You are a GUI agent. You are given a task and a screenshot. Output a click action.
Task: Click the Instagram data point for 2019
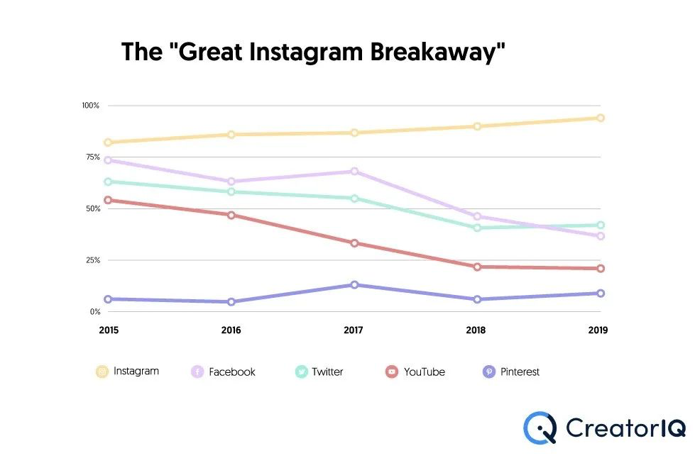600,118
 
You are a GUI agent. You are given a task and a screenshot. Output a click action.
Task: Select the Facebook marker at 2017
354,171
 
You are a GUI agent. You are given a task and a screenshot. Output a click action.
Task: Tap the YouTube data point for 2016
231,215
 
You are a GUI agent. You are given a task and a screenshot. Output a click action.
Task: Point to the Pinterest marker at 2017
354,284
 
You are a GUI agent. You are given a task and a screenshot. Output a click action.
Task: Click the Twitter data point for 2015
109,182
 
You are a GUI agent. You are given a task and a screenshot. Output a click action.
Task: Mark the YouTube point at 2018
477,267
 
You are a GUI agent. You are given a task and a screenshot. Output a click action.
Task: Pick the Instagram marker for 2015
109,143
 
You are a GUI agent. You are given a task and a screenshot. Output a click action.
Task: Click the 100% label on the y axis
90,106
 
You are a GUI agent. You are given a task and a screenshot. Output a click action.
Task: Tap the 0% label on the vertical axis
94,312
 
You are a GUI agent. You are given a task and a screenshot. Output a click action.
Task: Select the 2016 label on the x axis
231,330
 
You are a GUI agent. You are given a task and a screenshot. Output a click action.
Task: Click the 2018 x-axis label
477,330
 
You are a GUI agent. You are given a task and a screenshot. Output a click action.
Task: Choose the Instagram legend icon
102,372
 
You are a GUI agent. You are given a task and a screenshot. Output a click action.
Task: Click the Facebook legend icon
197,372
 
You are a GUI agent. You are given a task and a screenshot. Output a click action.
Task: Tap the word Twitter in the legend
327,372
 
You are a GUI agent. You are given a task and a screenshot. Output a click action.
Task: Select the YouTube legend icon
391,372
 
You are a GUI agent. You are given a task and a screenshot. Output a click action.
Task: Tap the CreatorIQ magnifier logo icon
540,428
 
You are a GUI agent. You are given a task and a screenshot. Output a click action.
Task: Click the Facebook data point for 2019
600,235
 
